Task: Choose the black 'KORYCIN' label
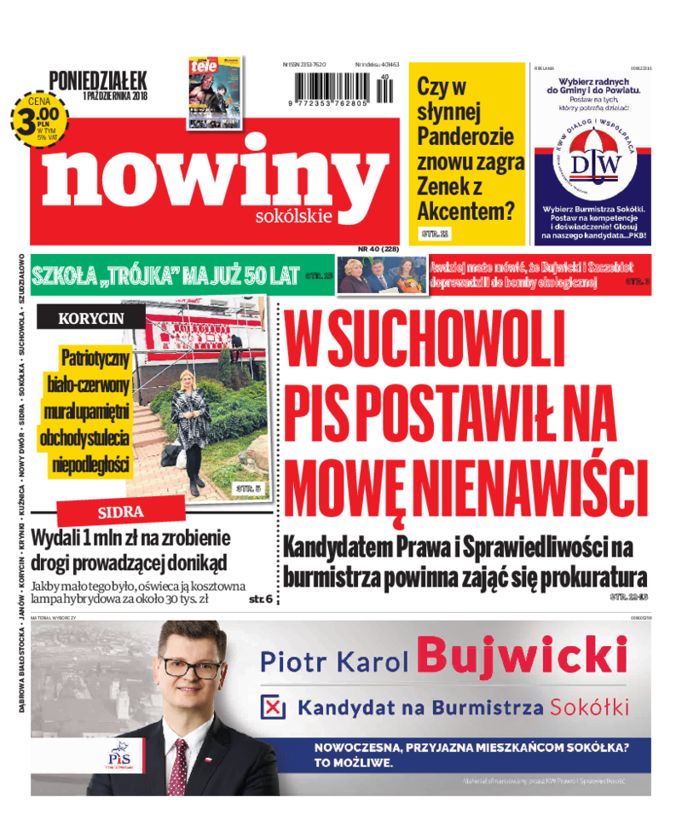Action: (x=90, y=318)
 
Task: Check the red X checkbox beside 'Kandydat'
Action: (x=273, y=707)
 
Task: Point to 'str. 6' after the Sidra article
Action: (x=261, y=599)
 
